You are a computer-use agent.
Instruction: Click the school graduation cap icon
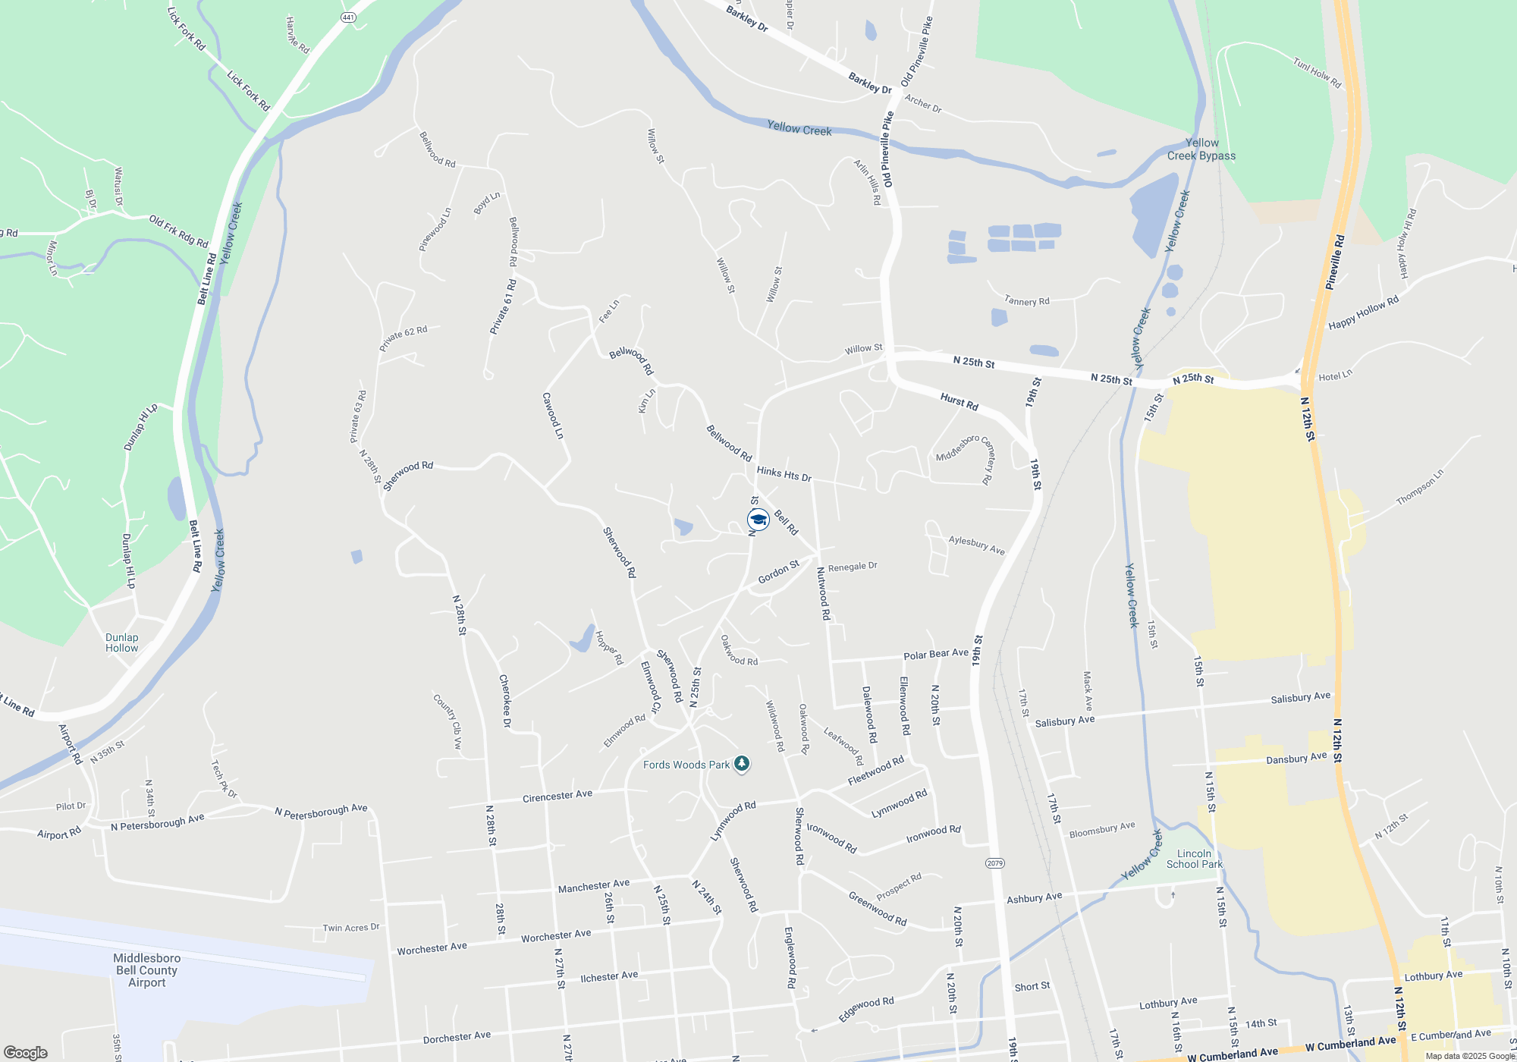(x=758, y=520)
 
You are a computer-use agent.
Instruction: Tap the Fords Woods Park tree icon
(x=742, y=764)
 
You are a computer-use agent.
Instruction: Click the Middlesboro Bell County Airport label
(x=146, y=970)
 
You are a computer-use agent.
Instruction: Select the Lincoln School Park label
(x=1194, y=859)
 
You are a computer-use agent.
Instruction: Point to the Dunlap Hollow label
(x=121, y=643)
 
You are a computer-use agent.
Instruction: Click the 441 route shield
(x=348, y=17)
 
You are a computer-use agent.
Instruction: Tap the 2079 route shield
(x=995, y=863)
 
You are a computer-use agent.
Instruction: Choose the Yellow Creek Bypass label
(x=1201, y=149)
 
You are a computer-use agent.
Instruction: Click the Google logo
(x=25, y=1052)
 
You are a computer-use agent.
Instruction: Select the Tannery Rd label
(x=1027, y=301)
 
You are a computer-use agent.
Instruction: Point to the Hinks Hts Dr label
(x=784, y=474)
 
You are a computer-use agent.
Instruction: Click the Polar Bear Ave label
(x=935, y=654)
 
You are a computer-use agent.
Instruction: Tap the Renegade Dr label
(x=853, y=567)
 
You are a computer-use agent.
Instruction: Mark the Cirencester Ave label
(x=557, y=796)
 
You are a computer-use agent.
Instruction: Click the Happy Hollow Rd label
(x=1363, y=313)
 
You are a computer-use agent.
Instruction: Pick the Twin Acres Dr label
(x=350, y=928)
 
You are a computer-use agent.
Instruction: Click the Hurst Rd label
(x=959, y=402)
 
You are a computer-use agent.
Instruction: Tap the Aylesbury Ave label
(x=976, y=545)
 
